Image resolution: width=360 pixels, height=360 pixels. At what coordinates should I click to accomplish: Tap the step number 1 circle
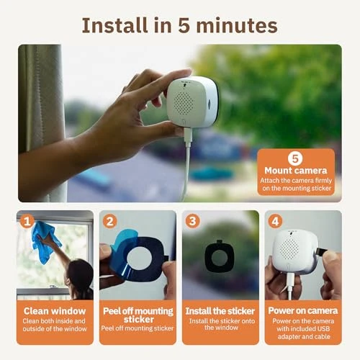27,221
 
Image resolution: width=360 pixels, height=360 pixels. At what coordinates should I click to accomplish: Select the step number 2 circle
109,221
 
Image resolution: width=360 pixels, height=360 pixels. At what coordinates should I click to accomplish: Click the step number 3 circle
192,221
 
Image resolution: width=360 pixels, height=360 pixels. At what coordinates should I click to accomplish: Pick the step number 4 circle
274,221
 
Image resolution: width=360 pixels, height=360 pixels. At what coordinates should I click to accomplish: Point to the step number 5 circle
294,158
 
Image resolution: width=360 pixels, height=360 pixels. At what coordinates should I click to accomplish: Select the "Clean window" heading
55,311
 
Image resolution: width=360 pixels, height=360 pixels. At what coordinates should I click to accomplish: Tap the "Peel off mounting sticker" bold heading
138,315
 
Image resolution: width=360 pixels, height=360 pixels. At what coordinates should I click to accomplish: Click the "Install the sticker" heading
220,311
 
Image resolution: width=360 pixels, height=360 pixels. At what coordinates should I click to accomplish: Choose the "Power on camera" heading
302,311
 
